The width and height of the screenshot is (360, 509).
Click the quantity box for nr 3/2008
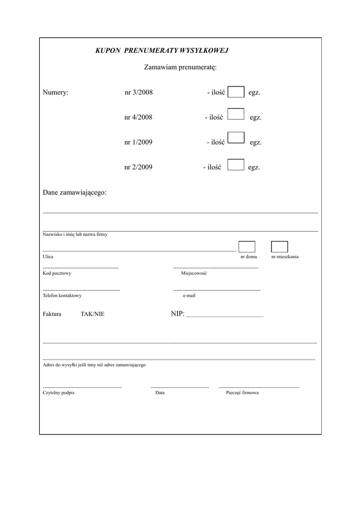click(x=236, y=92)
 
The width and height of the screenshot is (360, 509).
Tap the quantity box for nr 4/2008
click(x=236, y=114)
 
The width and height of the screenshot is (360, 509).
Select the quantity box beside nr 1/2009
click(x=236, y=138)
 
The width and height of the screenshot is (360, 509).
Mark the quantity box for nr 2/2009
click(x=236, y=165)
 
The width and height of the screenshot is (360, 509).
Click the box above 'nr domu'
click(x=247, y=247)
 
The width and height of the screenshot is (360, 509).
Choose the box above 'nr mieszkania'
click(x=279, y=247)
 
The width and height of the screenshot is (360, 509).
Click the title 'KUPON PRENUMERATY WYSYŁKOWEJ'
click(x=162, y=51)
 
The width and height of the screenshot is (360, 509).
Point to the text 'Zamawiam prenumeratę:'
click(x=180, y=67)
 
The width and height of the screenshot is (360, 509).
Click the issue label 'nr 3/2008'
click(x=139, y=92)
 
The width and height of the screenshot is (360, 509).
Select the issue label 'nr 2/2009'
click(x=139, y=168)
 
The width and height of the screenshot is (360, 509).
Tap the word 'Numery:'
click(x=56, y=92)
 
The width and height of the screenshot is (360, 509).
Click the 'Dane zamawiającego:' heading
click(x=75, y=192)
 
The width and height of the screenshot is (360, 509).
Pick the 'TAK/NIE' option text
click(x=92, y=314)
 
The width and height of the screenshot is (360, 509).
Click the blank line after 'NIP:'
click(x=224, y=315)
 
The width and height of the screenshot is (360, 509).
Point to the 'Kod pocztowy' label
click(x=57, y=273)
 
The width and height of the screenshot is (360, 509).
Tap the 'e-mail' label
click(x=189, y=295)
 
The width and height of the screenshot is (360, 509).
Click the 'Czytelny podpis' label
click(x=59, y=393)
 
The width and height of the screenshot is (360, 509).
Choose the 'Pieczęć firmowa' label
click(x=242, y=393)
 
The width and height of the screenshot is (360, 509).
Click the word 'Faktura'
click(x=52, y=314)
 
